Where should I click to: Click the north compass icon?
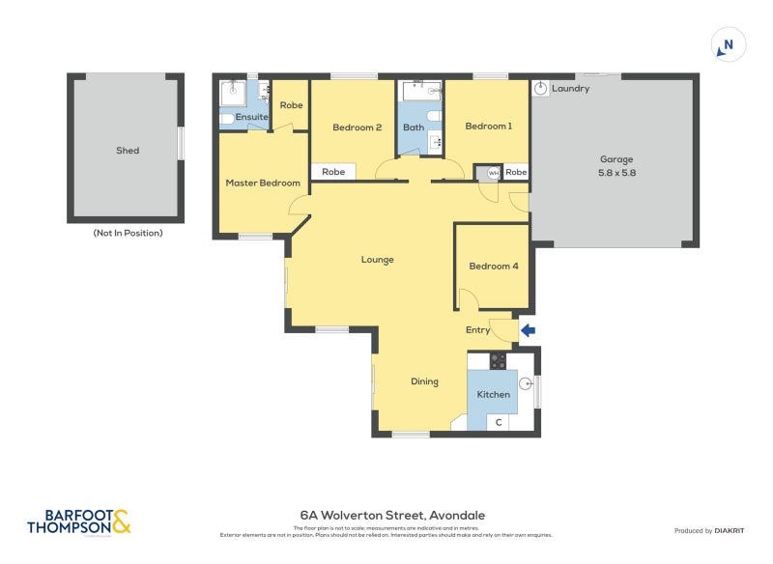point(728,44)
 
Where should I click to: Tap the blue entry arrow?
point(528,331)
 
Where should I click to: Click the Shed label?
point(128,151)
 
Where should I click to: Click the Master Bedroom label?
point(263,183)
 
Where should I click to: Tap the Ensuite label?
point(252,117)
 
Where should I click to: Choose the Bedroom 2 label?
point(358,127)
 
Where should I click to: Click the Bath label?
point(414,127)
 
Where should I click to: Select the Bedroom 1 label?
point(489,127)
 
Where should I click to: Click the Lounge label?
point(378,259)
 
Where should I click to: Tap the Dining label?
point(424,381)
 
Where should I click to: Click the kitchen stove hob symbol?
point(499,361)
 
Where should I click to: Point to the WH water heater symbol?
point(493,173)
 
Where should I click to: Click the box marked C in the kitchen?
point(499,422)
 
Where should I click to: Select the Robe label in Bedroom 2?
point(333,172)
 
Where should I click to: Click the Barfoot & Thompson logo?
point(78,522)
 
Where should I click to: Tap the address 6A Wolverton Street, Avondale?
point(392,516)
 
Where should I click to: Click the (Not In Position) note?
point(128,233)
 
